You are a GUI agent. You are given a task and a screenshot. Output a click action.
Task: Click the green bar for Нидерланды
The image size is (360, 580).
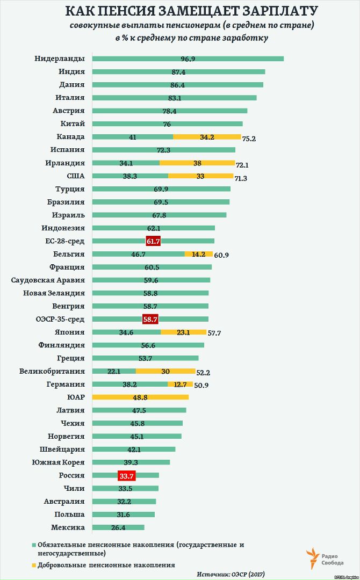click(188, 59)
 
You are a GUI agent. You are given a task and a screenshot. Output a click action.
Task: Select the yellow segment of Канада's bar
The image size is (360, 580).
click(207, 137)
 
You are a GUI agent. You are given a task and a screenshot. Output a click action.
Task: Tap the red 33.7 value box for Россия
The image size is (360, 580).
click(126, 475)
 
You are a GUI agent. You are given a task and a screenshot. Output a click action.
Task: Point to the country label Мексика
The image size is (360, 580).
click(68, 527)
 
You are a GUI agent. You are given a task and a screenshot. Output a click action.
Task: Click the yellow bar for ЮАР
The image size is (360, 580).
click(140, 397)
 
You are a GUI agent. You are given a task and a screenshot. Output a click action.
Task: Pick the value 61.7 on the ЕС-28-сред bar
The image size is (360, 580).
click(153, 241)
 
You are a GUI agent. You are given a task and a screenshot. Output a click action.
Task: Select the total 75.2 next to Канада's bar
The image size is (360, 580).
click(249, 139)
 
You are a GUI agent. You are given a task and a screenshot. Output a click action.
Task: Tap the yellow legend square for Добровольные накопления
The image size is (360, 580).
click(33, 565)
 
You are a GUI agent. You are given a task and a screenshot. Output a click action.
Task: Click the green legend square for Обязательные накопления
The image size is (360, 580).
click(33, 545)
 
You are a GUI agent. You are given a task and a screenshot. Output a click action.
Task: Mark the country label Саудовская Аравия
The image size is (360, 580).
click(48, 280)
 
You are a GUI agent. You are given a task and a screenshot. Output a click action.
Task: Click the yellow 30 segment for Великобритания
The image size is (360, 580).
click(165, 371)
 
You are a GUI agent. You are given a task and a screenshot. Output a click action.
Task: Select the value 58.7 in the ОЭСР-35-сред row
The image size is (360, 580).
click(150, 319)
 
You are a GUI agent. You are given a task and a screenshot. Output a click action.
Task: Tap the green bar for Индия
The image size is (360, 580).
click(178, 72)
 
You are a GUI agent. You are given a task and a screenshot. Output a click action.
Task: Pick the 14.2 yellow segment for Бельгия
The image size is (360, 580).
click(199, 254)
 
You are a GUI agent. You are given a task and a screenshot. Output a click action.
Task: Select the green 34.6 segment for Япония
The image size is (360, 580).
click(126, 332)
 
